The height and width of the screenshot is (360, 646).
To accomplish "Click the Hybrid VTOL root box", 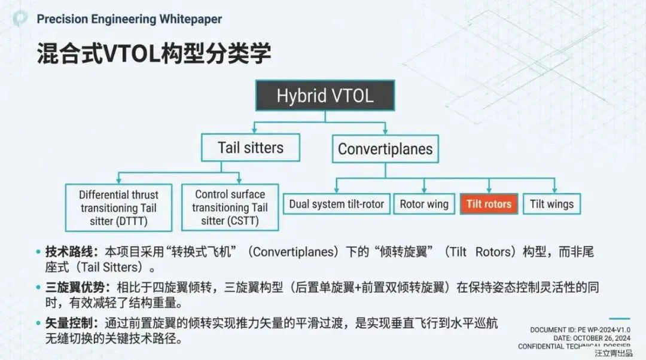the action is (x=325, y=96).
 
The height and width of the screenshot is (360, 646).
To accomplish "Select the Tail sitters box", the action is (x=250, y=147).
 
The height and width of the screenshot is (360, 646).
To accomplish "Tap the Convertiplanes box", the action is (x=385, y=148).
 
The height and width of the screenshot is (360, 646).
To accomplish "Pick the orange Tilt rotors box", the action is (x=489, y=204).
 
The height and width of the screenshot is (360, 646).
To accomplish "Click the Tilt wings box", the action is (x=551, y=204).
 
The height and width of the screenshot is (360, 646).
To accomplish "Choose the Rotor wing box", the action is (x=424, y=204).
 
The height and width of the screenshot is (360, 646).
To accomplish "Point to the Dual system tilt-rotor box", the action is (x=337, y=204).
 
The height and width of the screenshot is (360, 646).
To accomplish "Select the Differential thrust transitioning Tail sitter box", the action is (x=119, y=208).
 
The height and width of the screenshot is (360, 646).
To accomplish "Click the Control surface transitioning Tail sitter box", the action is (x=230, y=208).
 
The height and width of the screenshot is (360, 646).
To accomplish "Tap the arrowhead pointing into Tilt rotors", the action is (x=489, y=190).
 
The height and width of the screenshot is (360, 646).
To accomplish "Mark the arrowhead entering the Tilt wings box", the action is (x=551, y=190).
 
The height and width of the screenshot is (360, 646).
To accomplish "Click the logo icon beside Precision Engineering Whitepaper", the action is (x=20, y=19).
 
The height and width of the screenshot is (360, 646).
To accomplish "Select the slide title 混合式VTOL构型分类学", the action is (x=154, y=53).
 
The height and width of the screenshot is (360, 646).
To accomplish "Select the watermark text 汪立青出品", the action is (x=613, y=353).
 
